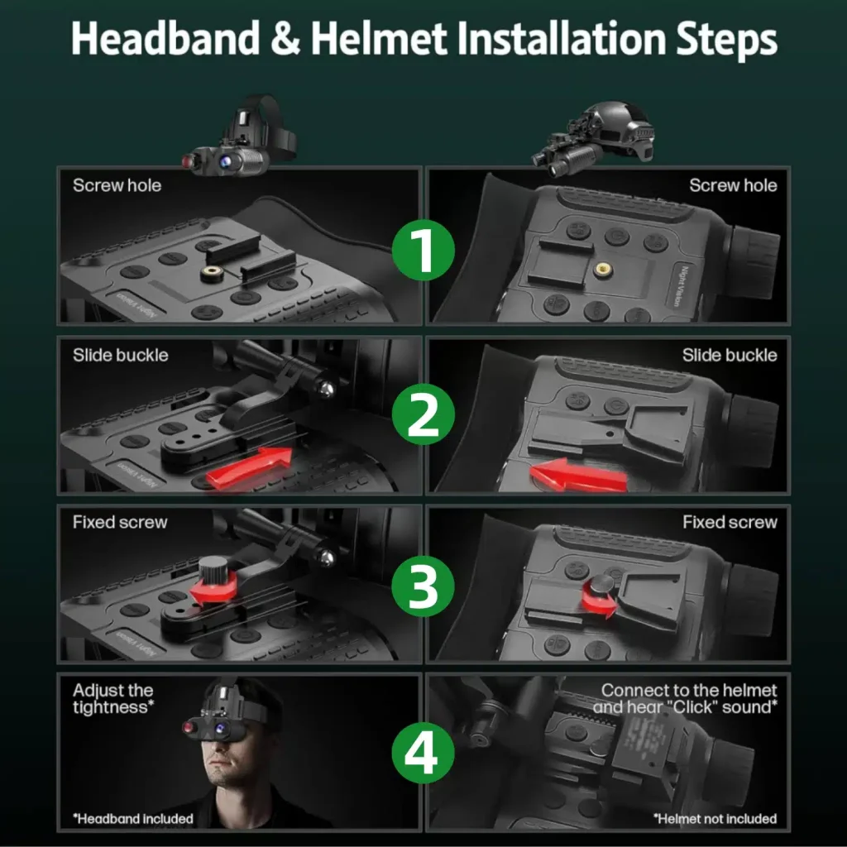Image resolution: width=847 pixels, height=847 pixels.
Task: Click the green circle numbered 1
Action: [x=423, y=250]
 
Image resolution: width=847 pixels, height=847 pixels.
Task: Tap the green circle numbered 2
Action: [x=423, y=414]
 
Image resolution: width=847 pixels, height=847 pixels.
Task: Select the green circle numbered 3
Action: [x=423, y=586]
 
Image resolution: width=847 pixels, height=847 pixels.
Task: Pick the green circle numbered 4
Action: [x=423, y=753]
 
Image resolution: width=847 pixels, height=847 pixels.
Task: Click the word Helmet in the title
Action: [x=379, y=38]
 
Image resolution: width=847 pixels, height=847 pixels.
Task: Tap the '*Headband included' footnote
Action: [x=133, y=819]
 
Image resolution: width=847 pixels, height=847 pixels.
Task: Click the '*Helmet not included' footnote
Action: [x=715, y=819]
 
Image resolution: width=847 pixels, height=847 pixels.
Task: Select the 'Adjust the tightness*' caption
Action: [x=113, y=698]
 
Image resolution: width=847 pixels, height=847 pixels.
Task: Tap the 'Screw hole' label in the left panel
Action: [x=117, y=185]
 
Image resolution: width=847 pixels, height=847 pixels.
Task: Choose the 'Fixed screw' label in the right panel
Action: [x=730, y=522]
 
